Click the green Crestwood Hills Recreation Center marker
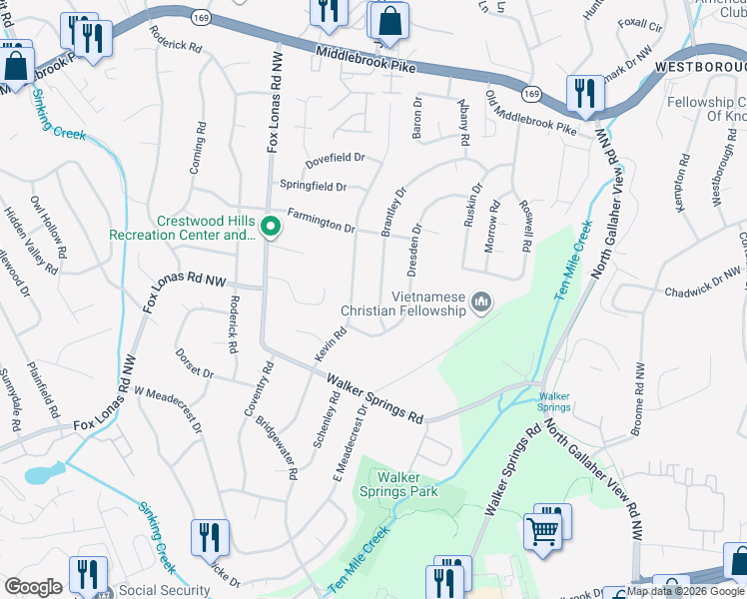click(270, 229)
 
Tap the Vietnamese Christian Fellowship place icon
click(482, 301)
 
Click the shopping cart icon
click(542, 530)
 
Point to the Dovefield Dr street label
click(336, 158)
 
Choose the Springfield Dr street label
click(313, 187)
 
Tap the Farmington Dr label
click(321, 221)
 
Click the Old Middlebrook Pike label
click(529, 113)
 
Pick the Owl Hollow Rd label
click(45, 234)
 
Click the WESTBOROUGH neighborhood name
click(700, 66)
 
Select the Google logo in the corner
click(33, 587)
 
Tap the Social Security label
click(164, 590)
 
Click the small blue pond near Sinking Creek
click(46, 471)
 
